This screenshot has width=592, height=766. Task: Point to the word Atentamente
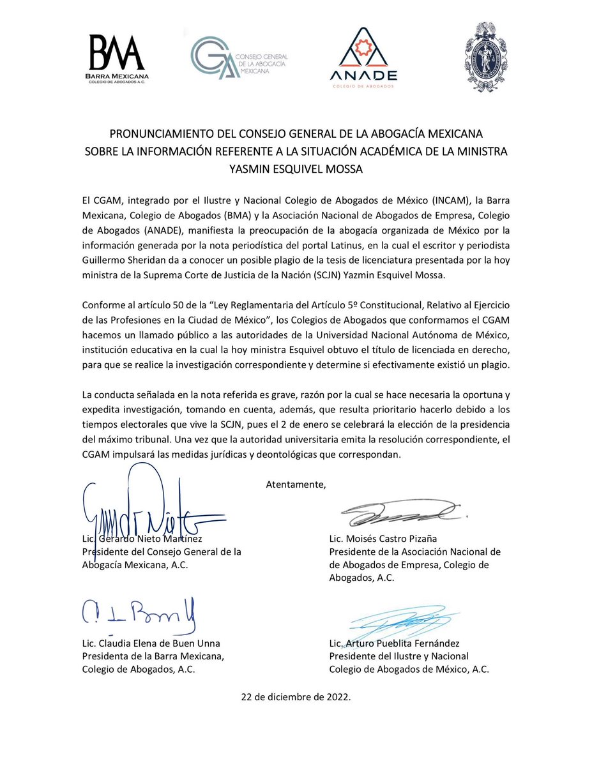click(x=295, y=484)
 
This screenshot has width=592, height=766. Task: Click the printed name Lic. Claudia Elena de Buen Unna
click(x=151, y=643)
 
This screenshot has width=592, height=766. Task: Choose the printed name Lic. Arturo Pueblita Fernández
click(x=394, y=643)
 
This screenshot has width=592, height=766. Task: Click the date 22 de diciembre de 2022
click(x=296, y=697)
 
